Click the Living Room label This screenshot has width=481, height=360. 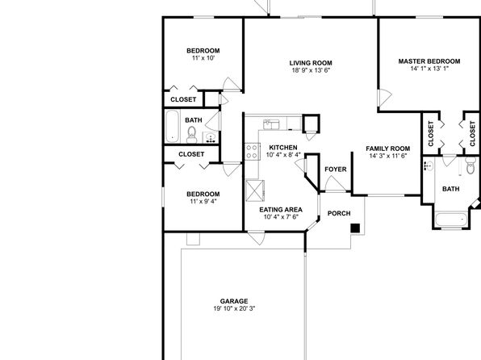[x=311, y=63]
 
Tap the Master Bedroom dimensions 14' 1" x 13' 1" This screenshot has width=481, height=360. [x=429, y=69]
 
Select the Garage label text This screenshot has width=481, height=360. [x=234, y=301]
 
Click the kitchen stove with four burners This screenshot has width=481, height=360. [x=252, y=152]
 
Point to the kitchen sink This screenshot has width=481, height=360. [x=271, y=124]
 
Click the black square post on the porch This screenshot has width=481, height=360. [x=355, y=228]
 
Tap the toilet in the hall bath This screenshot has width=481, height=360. [x=192, y=135]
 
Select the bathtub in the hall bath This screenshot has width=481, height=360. [x=172, y=127]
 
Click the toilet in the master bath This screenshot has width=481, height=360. [x=471, y=165]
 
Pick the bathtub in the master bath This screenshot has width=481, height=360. [x=451, y=220]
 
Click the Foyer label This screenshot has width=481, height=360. [x=336, y=170]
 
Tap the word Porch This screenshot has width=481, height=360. [x=339, y=213]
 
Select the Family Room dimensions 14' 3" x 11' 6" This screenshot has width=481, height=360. [x=388, y=156]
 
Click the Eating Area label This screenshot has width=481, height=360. [x=281, y=210]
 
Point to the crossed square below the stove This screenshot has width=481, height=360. [x=255, y=190]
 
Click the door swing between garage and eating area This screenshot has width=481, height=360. [x=257, y=238]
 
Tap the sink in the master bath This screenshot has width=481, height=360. [x=429, y=166]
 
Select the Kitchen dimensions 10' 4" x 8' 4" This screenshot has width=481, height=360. [x=283, y=155]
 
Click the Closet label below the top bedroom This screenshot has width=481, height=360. [x=183, y=99]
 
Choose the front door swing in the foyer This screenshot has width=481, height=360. [x=335, y=184]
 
